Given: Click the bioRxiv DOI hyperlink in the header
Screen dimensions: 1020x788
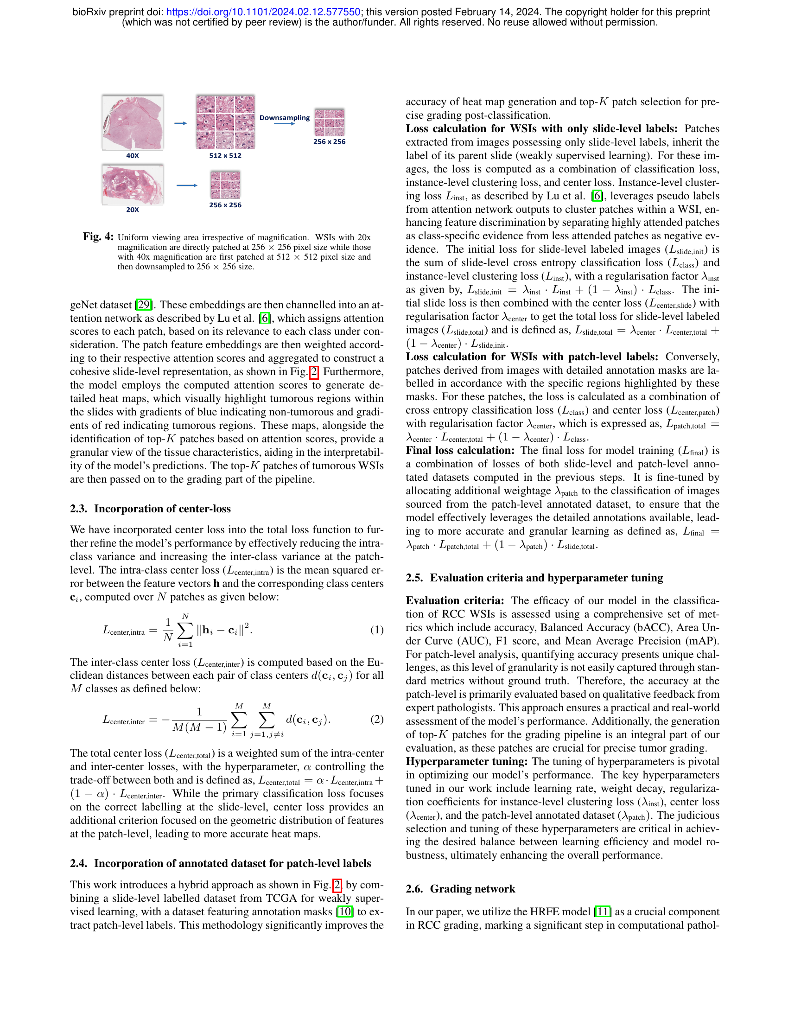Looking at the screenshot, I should pos(263,12).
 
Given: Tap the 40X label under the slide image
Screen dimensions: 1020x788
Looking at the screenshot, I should pos(133,155).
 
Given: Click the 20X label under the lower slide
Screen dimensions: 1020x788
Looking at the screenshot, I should pos(133,210).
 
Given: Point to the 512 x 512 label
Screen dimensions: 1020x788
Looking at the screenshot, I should pos(225,155).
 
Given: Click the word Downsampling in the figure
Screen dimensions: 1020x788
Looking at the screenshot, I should pos(284,118).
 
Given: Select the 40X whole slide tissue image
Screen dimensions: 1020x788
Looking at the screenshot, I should pos(133,122).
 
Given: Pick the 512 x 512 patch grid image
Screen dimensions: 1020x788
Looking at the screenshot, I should pos(225,122).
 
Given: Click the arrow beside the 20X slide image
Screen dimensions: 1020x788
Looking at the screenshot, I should pos(187,185).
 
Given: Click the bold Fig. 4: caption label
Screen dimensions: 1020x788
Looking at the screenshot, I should pos(98,237).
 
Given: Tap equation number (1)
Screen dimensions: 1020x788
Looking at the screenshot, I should pos(377,630).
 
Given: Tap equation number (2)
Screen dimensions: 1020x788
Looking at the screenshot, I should pos(377,719).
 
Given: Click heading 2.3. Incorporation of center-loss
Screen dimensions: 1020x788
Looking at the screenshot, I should pos(150,509).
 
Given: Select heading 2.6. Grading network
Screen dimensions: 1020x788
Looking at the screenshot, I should pos(460,889).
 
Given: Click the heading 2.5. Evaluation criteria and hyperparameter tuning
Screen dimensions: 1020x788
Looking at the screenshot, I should pos(534,578).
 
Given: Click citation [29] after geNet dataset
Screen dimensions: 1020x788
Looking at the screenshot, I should pos(144,305).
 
